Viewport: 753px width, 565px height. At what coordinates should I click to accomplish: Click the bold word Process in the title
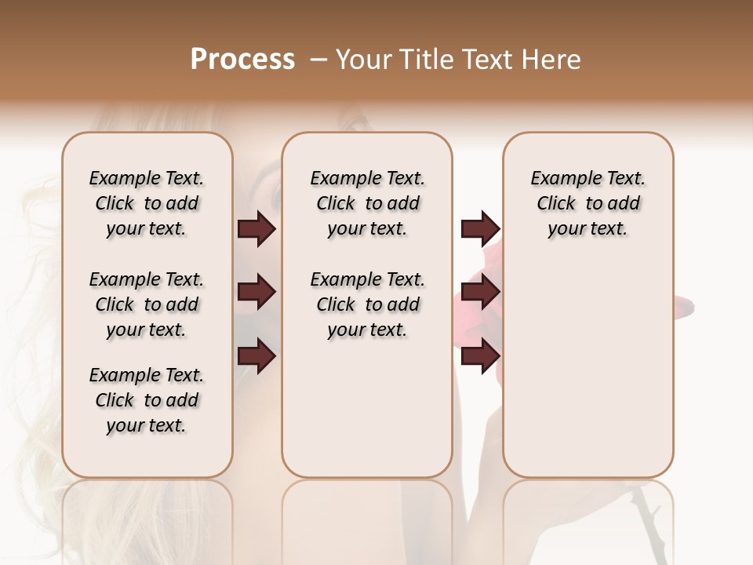(x=242, y=59)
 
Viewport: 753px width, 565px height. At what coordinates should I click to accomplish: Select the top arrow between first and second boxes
(x=256, y=229)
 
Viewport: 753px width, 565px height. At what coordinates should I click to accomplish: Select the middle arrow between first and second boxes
(x=256, y=293)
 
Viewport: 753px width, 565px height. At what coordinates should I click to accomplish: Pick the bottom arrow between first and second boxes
(x=256, y=356)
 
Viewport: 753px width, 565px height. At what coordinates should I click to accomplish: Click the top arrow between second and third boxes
(x=480, y=229)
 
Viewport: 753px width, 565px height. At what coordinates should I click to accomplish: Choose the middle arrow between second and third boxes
(x=480, y=293)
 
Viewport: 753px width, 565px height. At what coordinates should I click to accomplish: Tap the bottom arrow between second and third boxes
(x=480, y=356)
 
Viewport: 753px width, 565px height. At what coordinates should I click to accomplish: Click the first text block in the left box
(x=147, y=203)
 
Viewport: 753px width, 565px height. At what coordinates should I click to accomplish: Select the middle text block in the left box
(x=147, y=304)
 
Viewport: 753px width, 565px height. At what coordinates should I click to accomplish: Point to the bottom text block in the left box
(x=147, y=400)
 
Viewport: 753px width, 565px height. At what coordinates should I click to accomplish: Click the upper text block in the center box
(x=367, y=203)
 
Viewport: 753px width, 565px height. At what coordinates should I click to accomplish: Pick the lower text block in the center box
(x=367, y=304)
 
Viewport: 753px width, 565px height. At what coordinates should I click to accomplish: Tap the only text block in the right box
(x=587, y=203)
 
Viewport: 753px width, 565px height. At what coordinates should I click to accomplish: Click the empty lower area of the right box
(x=587, y=377)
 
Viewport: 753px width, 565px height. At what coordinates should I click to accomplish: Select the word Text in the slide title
(x=489, y=59)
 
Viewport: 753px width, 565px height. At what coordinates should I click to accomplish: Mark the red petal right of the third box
(x=684, y=307)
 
